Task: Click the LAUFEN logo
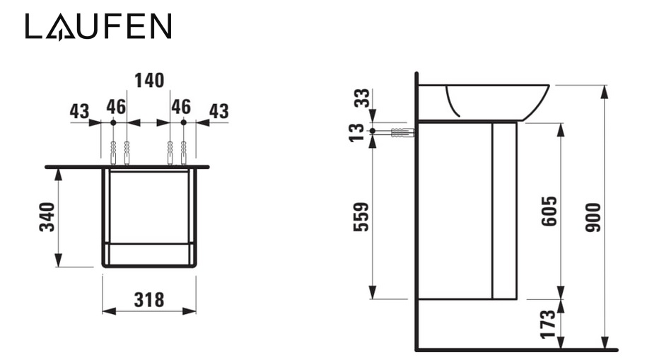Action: pyautogui.click(x=98, y=26)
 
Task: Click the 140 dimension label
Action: pyautogui.click(x=149, y=81)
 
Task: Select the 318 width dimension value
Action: pyautogui.click(x=149, y=300)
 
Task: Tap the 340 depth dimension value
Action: pyautogui.click(x=47, y=217)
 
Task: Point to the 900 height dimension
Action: pyautogui.click(x=593, y=217)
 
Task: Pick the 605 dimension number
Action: pyautogui.click(x=549, y=211)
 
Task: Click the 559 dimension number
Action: pyautogui.click(x=361, y=217)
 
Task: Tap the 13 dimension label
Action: pyautogui.click(x=357, y=132)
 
